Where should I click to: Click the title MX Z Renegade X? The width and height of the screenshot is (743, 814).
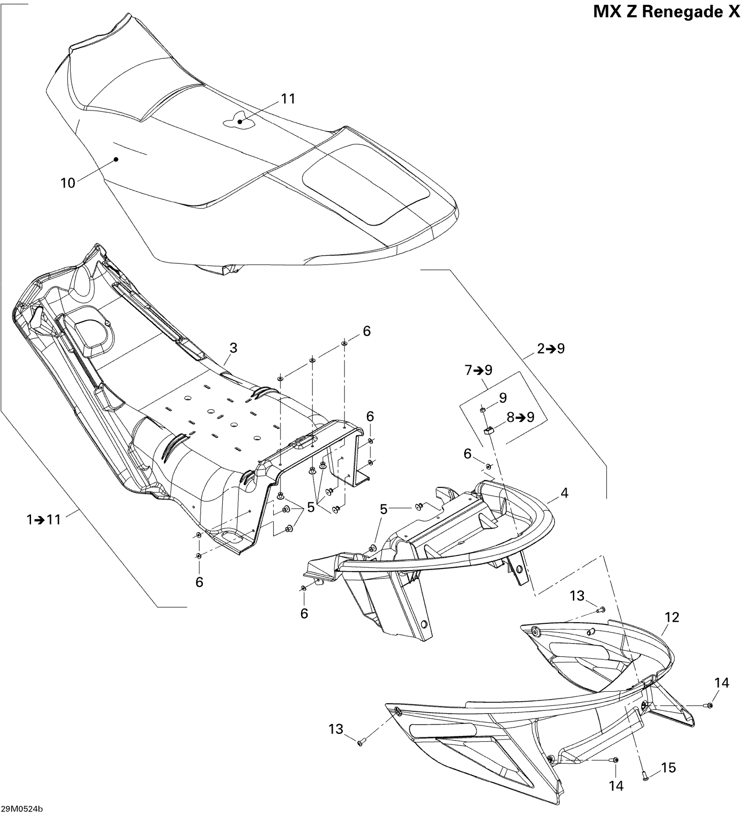click(667, 12)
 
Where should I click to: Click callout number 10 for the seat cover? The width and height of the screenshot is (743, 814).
click(68, 183)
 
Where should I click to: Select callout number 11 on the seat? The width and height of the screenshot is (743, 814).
click(288, 99)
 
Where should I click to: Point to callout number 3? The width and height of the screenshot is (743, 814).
click(233, 348)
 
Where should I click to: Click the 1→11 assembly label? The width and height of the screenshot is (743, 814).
click(43, 520)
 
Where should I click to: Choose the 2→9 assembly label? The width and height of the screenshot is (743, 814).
click(551, 348)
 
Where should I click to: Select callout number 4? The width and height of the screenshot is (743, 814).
click(564, 493)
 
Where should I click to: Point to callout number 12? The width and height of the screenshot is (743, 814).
click(672, 617)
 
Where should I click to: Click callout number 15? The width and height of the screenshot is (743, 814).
click(669, 767)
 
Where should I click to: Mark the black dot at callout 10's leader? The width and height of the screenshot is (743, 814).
click(116, 159)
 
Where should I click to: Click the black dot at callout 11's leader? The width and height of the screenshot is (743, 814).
click(240, 122)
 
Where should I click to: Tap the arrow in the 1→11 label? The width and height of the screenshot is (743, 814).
click(39, 520)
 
